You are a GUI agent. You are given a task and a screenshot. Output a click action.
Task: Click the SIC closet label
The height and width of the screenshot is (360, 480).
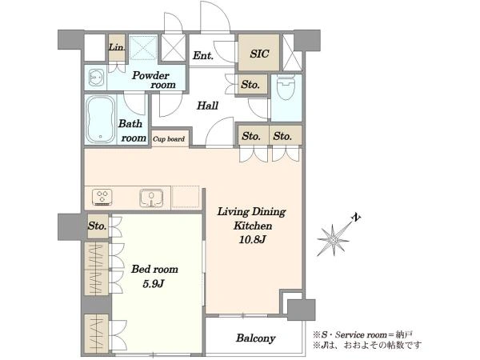pyautogui.click(x=259, y=54)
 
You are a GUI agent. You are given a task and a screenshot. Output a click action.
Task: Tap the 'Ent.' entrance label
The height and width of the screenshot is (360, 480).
pyautogui.click(x=203, y=56)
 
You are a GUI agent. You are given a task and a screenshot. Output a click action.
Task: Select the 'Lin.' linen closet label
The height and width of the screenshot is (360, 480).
pyautogui.click(x=117, y=47)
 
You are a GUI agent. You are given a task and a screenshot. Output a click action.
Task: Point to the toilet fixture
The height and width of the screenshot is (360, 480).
pyautogui.click(x=286, y=87)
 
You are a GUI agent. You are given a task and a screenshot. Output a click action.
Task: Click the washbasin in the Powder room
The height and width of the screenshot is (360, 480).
pyautogui.click(x=97, y=78)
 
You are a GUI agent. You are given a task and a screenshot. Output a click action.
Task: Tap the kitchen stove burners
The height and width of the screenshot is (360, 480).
pyautogui.click(x=102, y=198)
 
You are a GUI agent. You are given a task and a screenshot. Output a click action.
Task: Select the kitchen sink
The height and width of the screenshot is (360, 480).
pyautogui.click(x=151, y=198)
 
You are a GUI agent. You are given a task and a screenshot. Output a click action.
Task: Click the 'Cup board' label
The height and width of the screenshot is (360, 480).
pyautogui.click(x=169, y=139)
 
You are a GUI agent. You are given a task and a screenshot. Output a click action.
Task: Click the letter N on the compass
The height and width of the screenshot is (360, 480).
pyautogui.click(x=356, y=218)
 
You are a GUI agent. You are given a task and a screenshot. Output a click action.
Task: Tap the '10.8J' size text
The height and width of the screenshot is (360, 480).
pyautogui.click(x=252, y=240)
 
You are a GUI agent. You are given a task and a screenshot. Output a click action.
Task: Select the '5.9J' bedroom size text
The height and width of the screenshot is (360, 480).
pyautogui.click(x=154, y=284)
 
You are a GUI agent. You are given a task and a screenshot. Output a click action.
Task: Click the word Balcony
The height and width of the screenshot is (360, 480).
pyautogui.click(x=256, y=338)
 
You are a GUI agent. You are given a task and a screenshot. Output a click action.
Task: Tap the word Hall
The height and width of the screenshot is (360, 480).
pyautogui.click(x=207, y=106)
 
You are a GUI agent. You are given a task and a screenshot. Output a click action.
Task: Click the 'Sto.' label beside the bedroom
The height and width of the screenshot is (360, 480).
pyautogui.click(x=98, y=226)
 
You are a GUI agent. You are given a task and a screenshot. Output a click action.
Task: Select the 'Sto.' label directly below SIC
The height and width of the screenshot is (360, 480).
pyautogui.click(x=250, y=85)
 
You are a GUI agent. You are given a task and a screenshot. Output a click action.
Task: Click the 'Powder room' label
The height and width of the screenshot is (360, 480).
pyautogui.click(x=154, y=80)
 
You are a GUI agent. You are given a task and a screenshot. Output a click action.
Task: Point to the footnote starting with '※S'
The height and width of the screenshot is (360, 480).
pyautogui.click(x=363, y=334)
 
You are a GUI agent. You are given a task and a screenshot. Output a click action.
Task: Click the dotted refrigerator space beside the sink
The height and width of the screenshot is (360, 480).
pyautogui.click(x=186, y=198)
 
